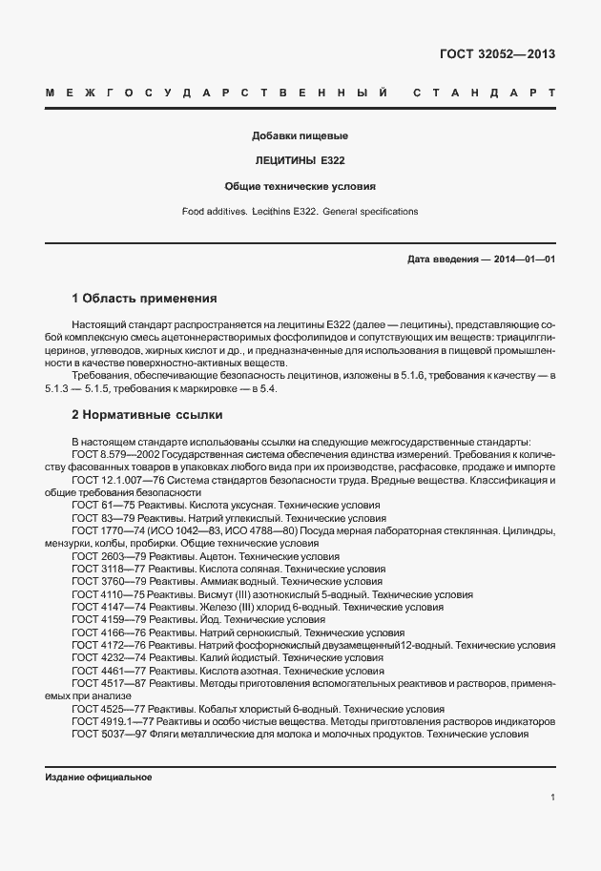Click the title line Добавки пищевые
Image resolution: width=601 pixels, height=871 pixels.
300,136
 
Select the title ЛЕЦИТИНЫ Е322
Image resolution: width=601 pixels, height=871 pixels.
300,161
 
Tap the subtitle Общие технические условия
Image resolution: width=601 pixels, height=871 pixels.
300,186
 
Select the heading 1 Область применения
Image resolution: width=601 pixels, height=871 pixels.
144,298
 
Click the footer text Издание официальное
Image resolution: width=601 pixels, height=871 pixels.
98,777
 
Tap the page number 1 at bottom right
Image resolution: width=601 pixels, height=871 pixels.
552,798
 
